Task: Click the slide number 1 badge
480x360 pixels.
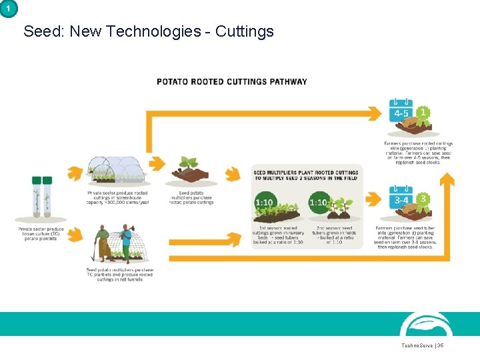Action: (7, 7)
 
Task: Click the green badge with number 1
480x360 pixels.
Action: (422, 113)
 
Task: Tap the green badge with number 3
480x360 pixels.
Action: (422, 198)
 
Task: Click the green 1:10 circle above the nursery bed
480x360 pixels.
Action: (265, 201)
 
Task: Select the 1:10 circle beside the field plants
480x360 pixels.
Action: (319, 201)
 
